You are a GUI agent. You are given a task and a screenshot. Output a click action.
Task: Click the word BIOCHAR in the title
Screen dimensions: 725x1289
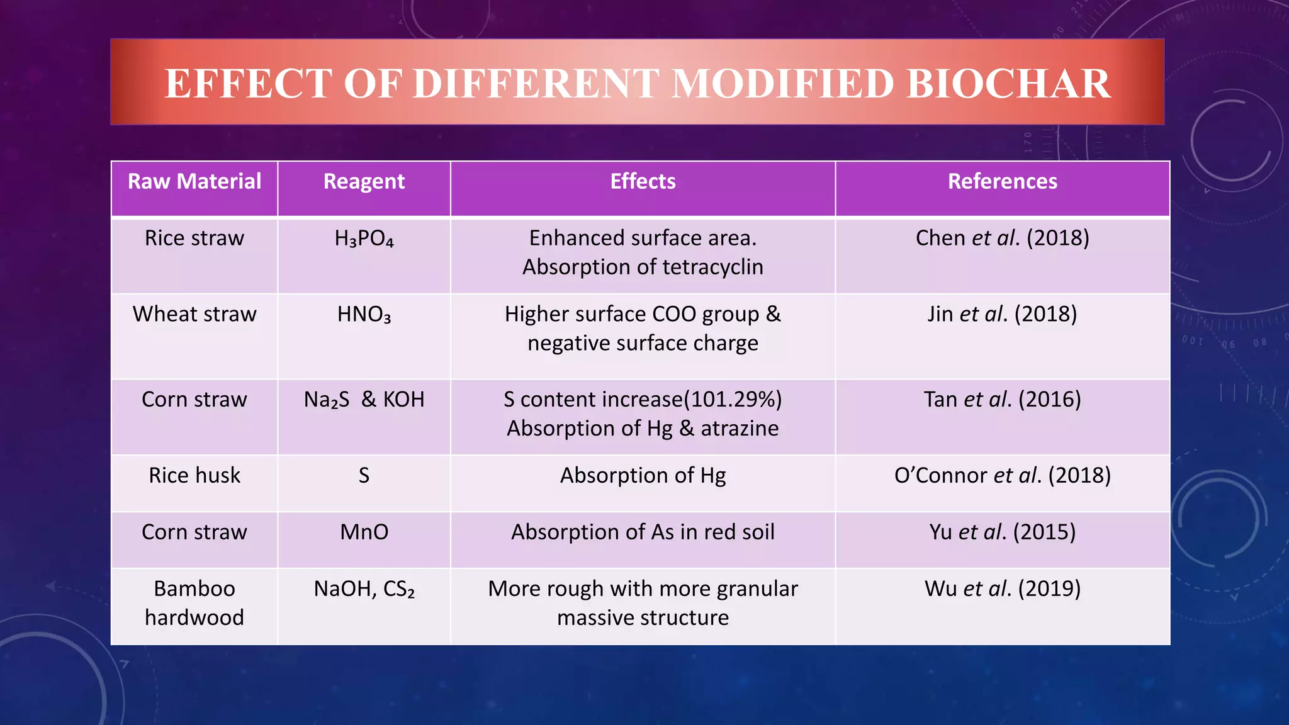click(x=1009, y=84)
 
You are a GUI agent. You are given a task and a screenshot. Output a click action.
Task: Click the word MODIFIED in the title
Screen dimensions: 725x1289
click(x=783, y=84)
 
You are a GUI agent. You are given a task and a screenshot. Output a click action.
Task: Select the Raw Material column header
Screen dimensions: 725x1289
click(x=194, y=182)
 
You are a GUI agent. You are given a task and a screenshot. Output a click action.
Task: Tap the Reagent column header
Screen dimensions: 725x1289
click(x=364, y=182)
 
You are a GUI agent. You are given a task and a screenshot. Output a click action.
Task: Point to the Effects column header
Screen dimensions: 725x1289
click(x=643, y=182)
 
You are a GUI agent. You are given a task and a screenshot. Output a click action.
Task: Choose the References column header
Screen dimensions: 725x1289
click(x=1002, y=182)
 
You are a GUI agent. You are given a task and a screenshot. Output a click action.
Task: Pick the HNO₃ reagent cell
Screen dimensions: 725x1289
click(x=364, y=315)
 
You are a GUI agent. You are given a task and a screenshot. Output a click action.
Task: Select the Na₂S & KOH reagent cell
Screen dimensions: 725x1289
click(x=364, y=400)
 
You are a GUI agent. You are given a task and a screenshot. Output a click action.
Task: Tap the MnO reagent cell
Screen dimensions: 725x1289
click(x=364, y=532)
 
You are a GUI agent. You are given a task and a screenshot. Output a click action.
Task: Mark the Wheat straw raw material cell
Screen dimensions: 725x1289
click(x=194, y=315)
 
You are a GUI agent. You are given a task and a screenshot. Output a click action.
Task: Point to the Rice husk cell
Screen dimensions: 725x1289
click(x=194, y=476)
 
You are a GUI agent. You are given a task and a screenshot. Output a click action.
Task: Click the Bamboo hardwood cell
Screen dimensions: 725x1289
click(x=194, y=603)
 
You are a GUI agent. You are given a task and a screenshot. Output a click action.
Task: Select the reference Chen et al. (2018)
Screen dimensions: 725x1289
click(x=1002, y=239)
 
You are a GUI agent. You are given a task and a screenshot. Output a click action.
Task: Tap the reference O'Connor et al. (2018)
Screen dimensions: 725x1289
click(x=1002, y=476)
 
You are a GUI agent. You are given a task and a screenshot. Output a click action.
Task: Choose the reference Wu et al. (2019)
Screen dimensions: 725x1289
click(x=1002, y=589)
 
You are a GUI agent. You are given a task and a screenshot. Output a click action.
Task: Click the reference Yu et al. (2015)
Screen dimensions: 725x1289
click(x=1002, y=532)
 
